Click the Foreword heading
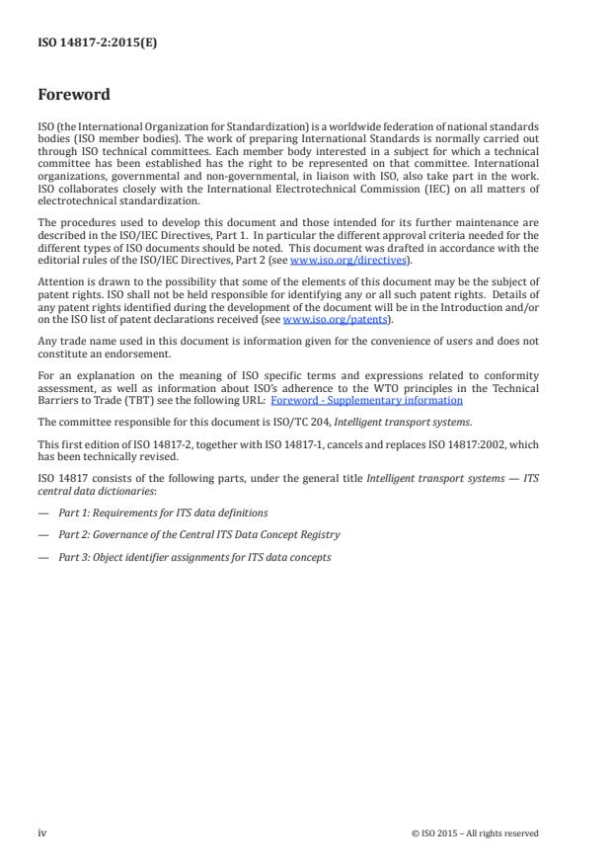73,96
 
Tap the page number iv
42,832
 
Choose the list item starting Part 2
198,534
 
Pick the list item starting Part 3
194,557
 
